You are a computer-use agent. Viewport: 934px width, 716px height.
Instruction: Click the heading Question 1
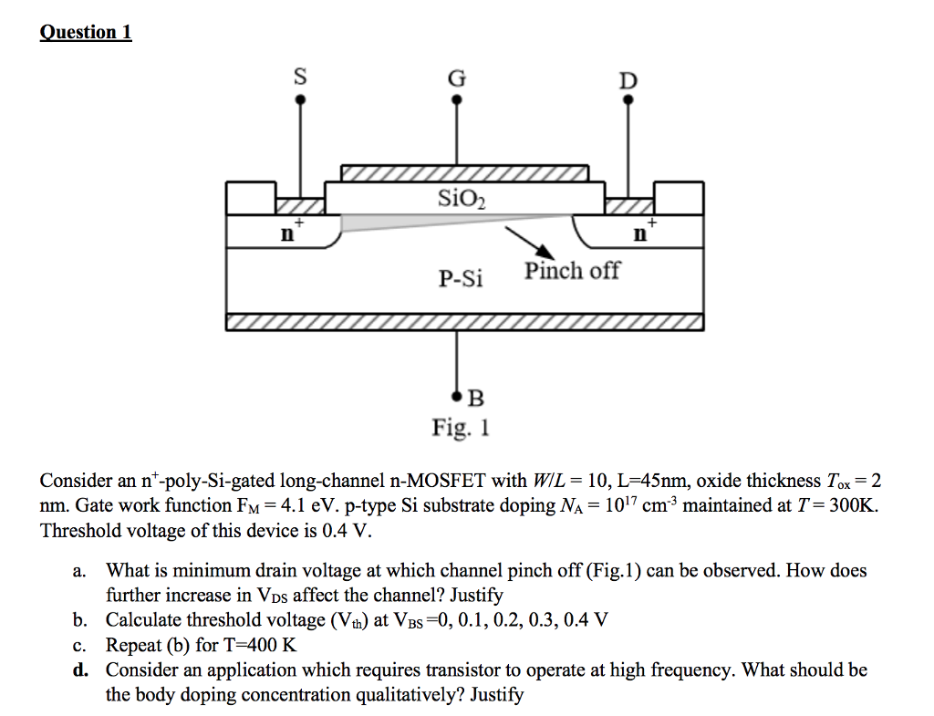click(x=86, y=33)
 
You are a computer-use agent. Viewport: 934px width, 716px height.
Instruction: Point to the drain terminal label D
click(x=628, y=80)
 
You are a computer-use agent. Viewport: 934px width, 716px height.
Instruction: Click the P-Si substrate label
click(x=461, y=278)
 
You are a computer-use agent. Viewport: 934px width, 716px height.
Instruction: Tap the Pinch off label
click(x=572, y=270)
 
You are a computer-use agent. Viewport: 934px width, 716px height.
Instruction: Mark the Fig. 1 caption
click(x=461, y=427)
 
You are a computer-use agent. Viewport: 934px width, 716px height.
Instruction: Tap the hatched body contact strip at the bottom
click(x=464, y=321)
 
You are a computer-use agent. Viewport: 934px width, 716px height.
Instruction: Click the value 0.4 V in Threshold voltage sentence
click(x=354, y=531)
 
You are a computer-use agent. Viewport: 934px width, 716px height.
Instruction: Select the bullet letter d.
click(x=81, y=670)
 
